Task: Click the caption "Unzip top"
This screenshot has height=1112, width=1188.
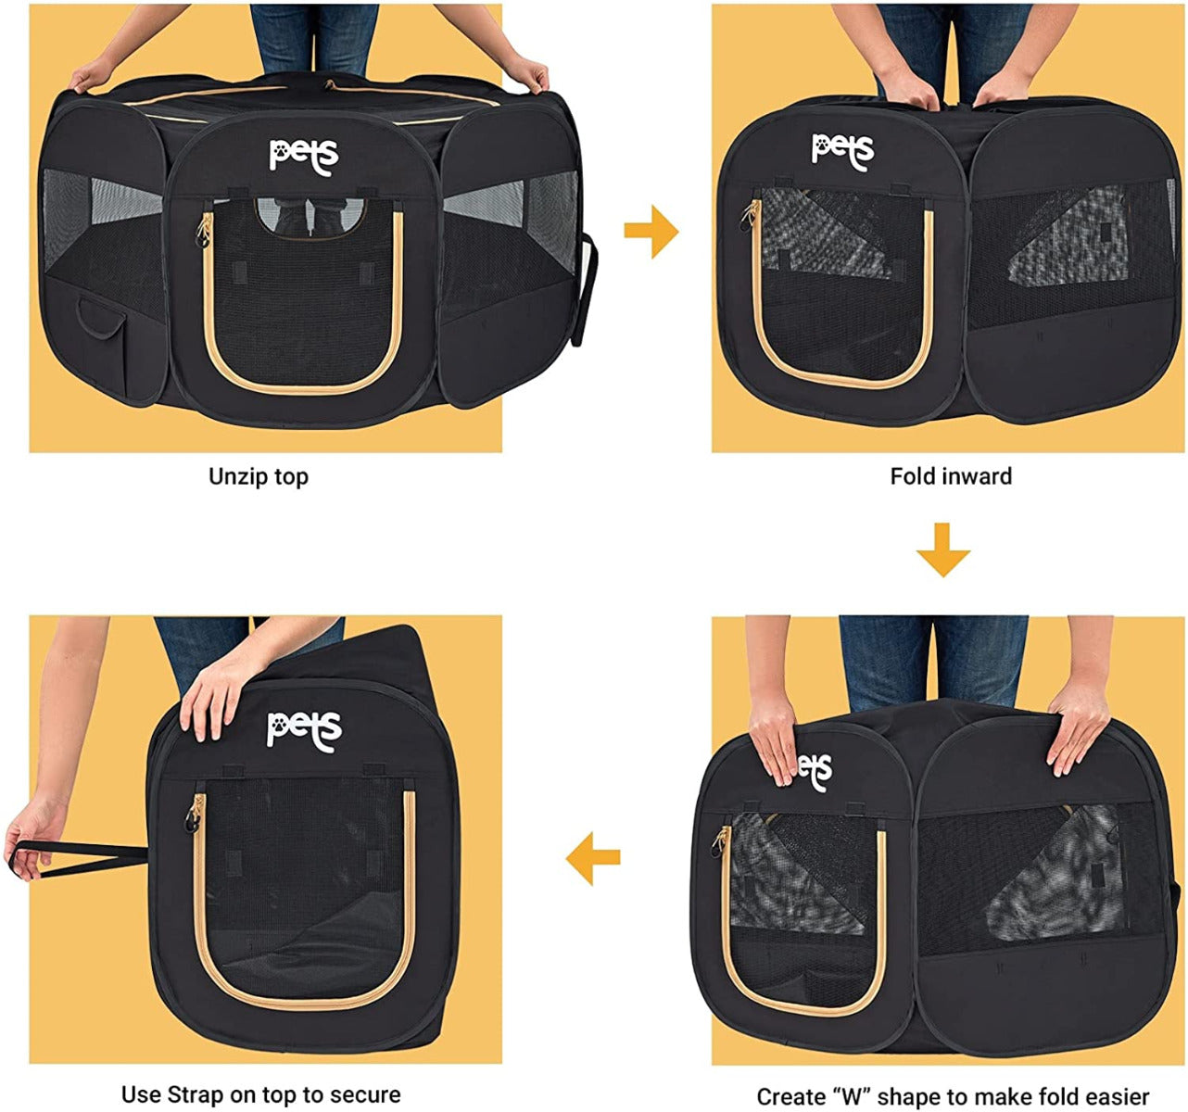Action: coord(259,477)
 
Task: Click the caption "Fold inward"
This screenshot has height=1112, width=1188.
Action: coord(951,476)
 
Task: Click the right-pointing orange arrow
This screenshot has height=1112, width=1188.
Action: coord(651,232)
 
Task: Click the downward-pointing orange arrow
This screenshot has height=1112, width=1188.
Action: coord(942,550)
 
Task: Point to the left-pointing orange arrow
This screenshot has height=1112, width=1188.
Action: coord(593,858)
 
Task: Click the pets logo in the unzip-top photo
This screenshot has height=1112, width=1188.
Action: coord(304,157)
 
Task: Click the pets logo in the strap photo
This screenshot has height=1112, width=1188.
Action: coord(304,731)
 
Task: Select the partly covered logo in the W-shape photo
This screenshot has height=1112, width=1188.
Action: coord(815,771)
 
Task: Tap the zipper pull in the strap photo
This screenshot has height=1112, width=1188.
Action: coord(193,815)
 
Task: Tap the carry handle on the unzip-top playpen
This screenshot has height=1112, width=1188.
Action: coord(584,291)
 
